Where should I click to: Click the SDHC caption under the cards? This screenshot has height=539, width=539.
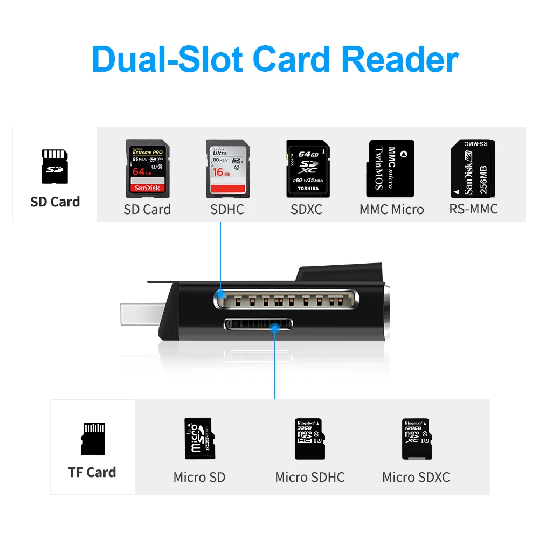227,210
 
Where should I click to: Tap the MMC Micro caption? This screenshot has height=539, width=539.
392,210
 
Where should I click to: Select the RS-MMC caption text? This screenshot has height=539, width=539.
473,209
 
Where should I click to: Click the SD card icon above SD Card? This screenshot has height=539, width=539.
54,167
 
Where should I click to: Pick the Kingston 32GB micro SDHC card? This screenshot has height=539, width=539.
309,439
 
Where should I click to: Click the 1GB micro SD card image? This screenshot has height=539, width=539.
199,439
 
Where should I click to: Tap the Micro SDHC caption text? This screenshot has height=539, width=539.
310,478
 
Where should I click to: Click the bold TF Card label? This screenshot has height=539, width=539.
92,473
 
